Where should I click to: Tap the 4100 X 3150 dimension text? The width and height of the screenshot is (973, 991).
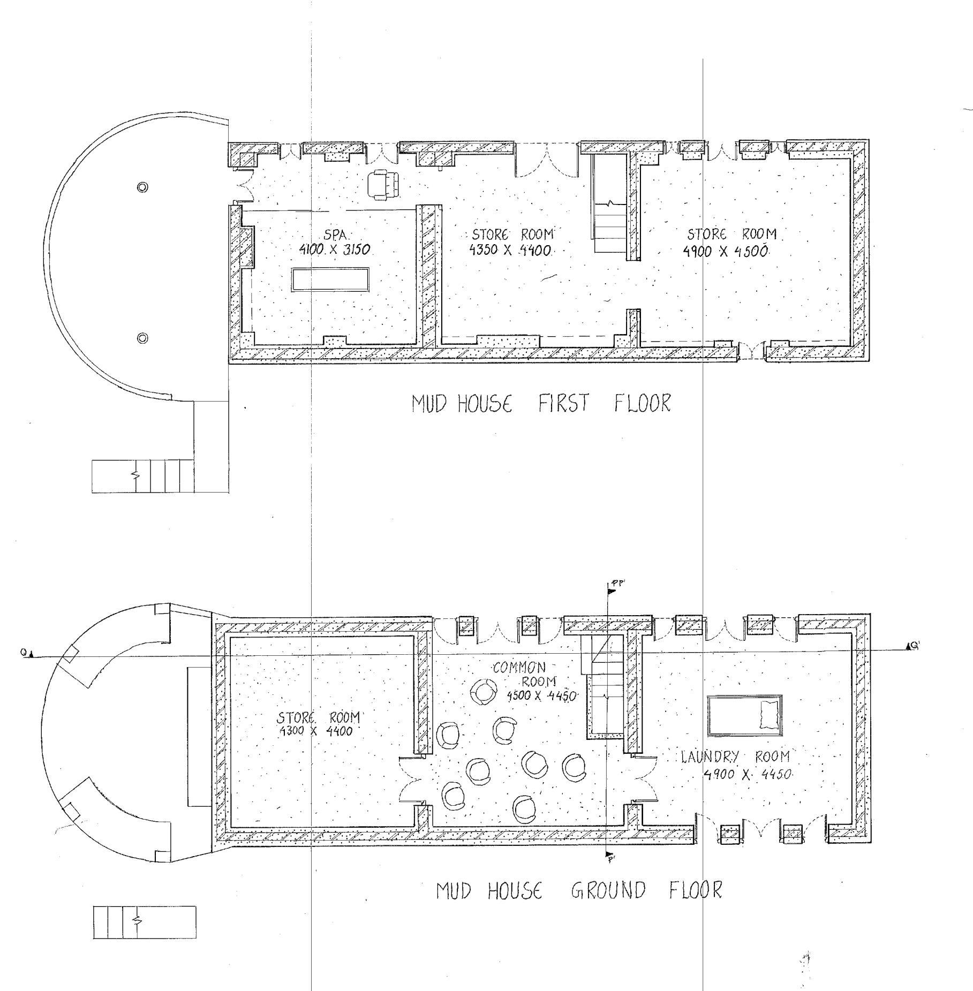[335, 249]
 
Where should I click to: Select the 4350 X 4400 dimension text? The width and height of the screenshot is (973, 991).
[510, 250]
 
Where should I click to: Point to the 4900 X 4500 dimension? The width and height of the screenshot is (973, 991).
[726, 251]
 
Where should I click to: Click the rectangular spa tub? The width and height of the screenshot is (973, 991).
[330, 279]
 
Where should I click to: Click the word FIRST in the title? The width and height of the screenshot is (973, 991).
[563, 403]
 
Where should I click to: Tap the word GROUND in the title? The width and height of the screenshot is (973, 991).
[608, 891]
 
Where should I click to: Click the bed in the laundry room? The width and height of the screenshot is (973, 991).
[744, 715]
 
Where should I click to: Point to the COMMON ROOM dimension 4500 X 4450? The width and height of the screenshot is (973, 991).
[541, 696]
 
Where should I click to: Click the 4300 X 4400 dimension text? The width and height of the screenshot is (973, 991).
[316, 731]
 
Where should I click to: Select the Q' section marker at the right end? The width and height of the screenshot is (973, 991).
[912, 646]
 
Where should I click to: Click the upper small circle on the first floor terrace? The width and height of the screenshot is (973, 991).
[142, 187]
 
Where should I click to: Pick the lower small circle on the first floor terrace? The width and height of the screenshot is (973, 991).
[142, 338]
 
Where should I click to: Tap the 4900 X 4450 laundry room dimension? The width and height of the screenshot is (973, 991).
[748, 774]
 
